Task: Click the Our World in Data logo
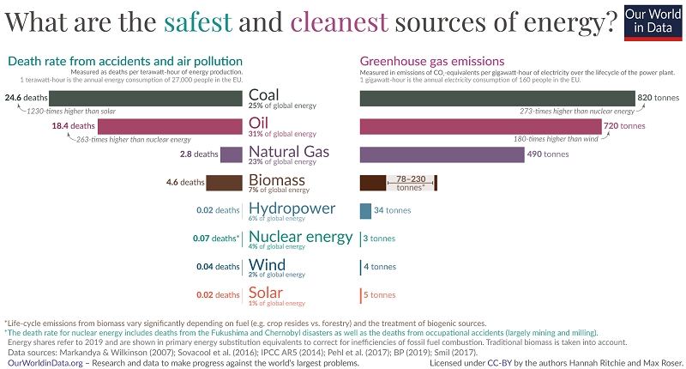(652, 21)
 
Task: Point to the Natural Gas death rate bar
(231, 154)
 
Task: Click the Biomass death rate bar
(225, 182)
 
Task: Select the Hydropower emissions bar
(365, 210)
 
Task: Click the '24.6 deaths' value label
(23, 99)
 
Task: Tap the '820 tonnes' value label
(659, 99)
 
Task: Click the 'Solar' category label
(266, 293)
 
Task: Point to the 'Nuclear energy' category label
(300, 237)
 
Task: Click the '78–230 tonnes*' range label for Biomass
(410, 183)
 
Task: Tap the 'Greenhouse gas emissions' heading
(430, 61)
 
